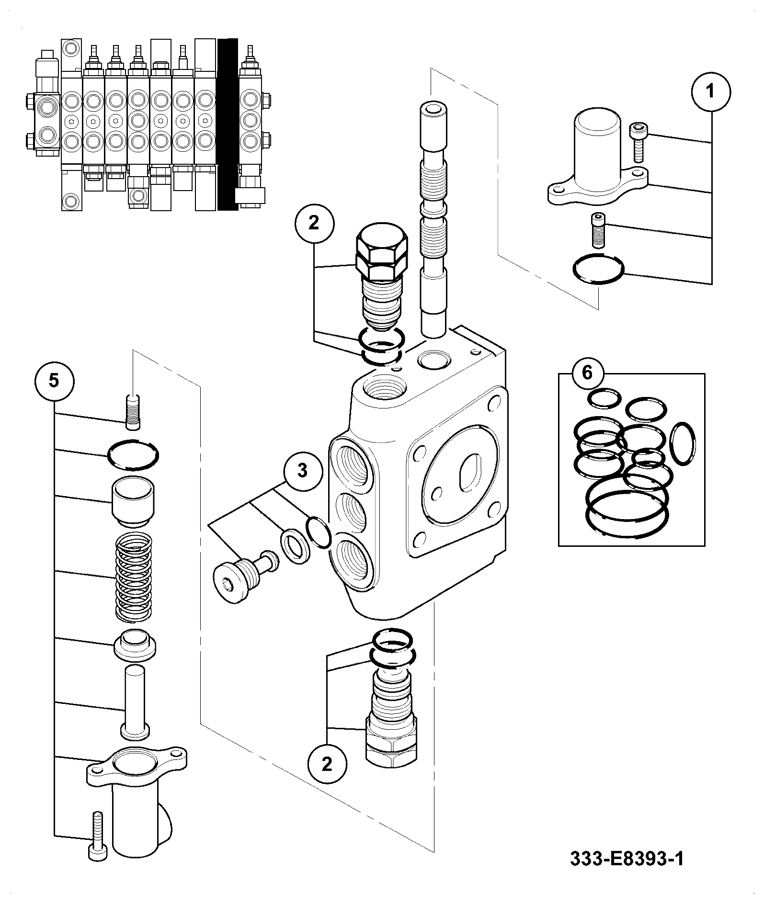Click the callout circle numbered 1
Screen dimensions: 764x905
711,92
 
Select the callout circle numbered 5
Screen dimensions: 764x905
54,381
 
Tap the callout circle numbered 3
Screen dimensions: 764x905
302,471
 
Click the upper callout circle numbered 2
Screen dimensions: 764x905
314,224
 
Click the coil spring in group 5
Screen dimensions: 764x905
134,576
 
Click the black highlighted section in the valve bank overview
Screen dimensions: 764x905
228,124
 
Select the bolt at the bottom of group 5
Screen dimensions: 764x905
97,837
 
